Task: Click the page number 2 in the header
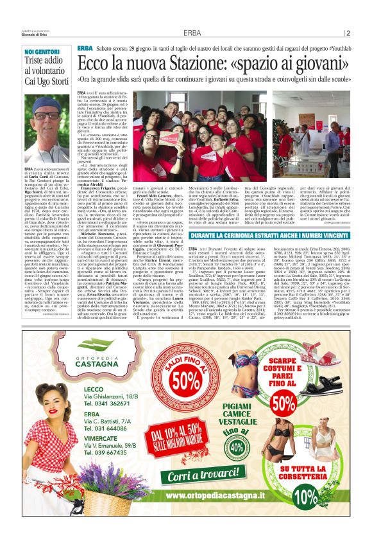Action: click(348, 33)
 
